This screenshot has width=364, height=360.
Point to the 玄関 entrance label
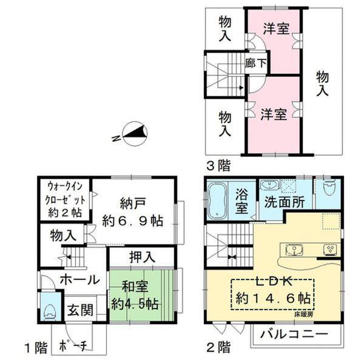(x=79, y=311)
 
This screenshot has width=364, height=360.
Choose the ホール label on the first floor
(x=79, y=279)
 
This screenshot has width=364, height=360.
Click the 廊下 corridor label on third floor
(x=255, y=62)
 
